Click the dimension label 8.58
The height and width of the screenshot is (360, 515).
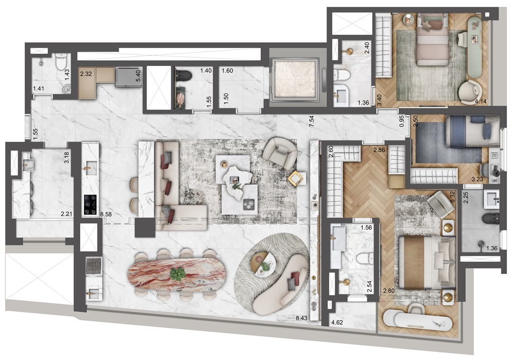(106, 214)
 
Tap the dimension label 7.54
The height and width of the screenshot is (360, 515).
(312, 121)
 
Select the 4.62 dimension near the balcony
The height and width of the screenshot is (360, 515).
(337, 322)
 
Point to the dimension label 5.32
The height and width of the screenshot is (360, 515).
(453, 197)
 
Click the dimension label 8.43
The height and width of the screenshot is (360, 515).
(301, 318)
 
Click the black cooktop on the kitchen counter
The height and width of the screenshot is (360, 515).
(90, 205)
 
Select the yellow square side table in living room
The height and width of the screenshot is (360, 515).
(295, 179)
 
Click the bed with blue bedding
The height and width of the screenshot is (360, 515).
(472, 131)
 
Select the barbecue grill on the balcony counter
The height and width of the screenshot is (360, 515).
(94, 265)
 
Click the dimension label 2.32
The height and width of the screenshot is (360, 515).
(86, 73)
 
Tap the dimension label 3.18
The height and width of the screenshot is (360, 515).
(67, 158)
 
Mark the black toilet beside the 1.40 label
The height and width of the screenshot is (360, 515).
(184, 75)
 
